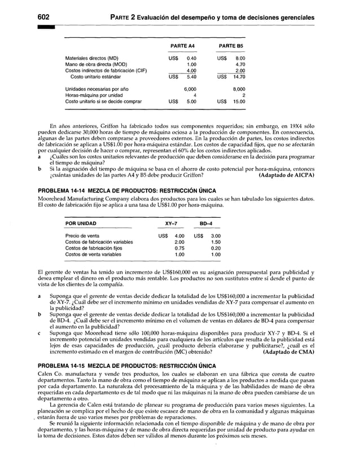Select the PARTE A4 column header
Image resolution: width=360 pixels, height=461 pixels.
pos(183,46)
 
